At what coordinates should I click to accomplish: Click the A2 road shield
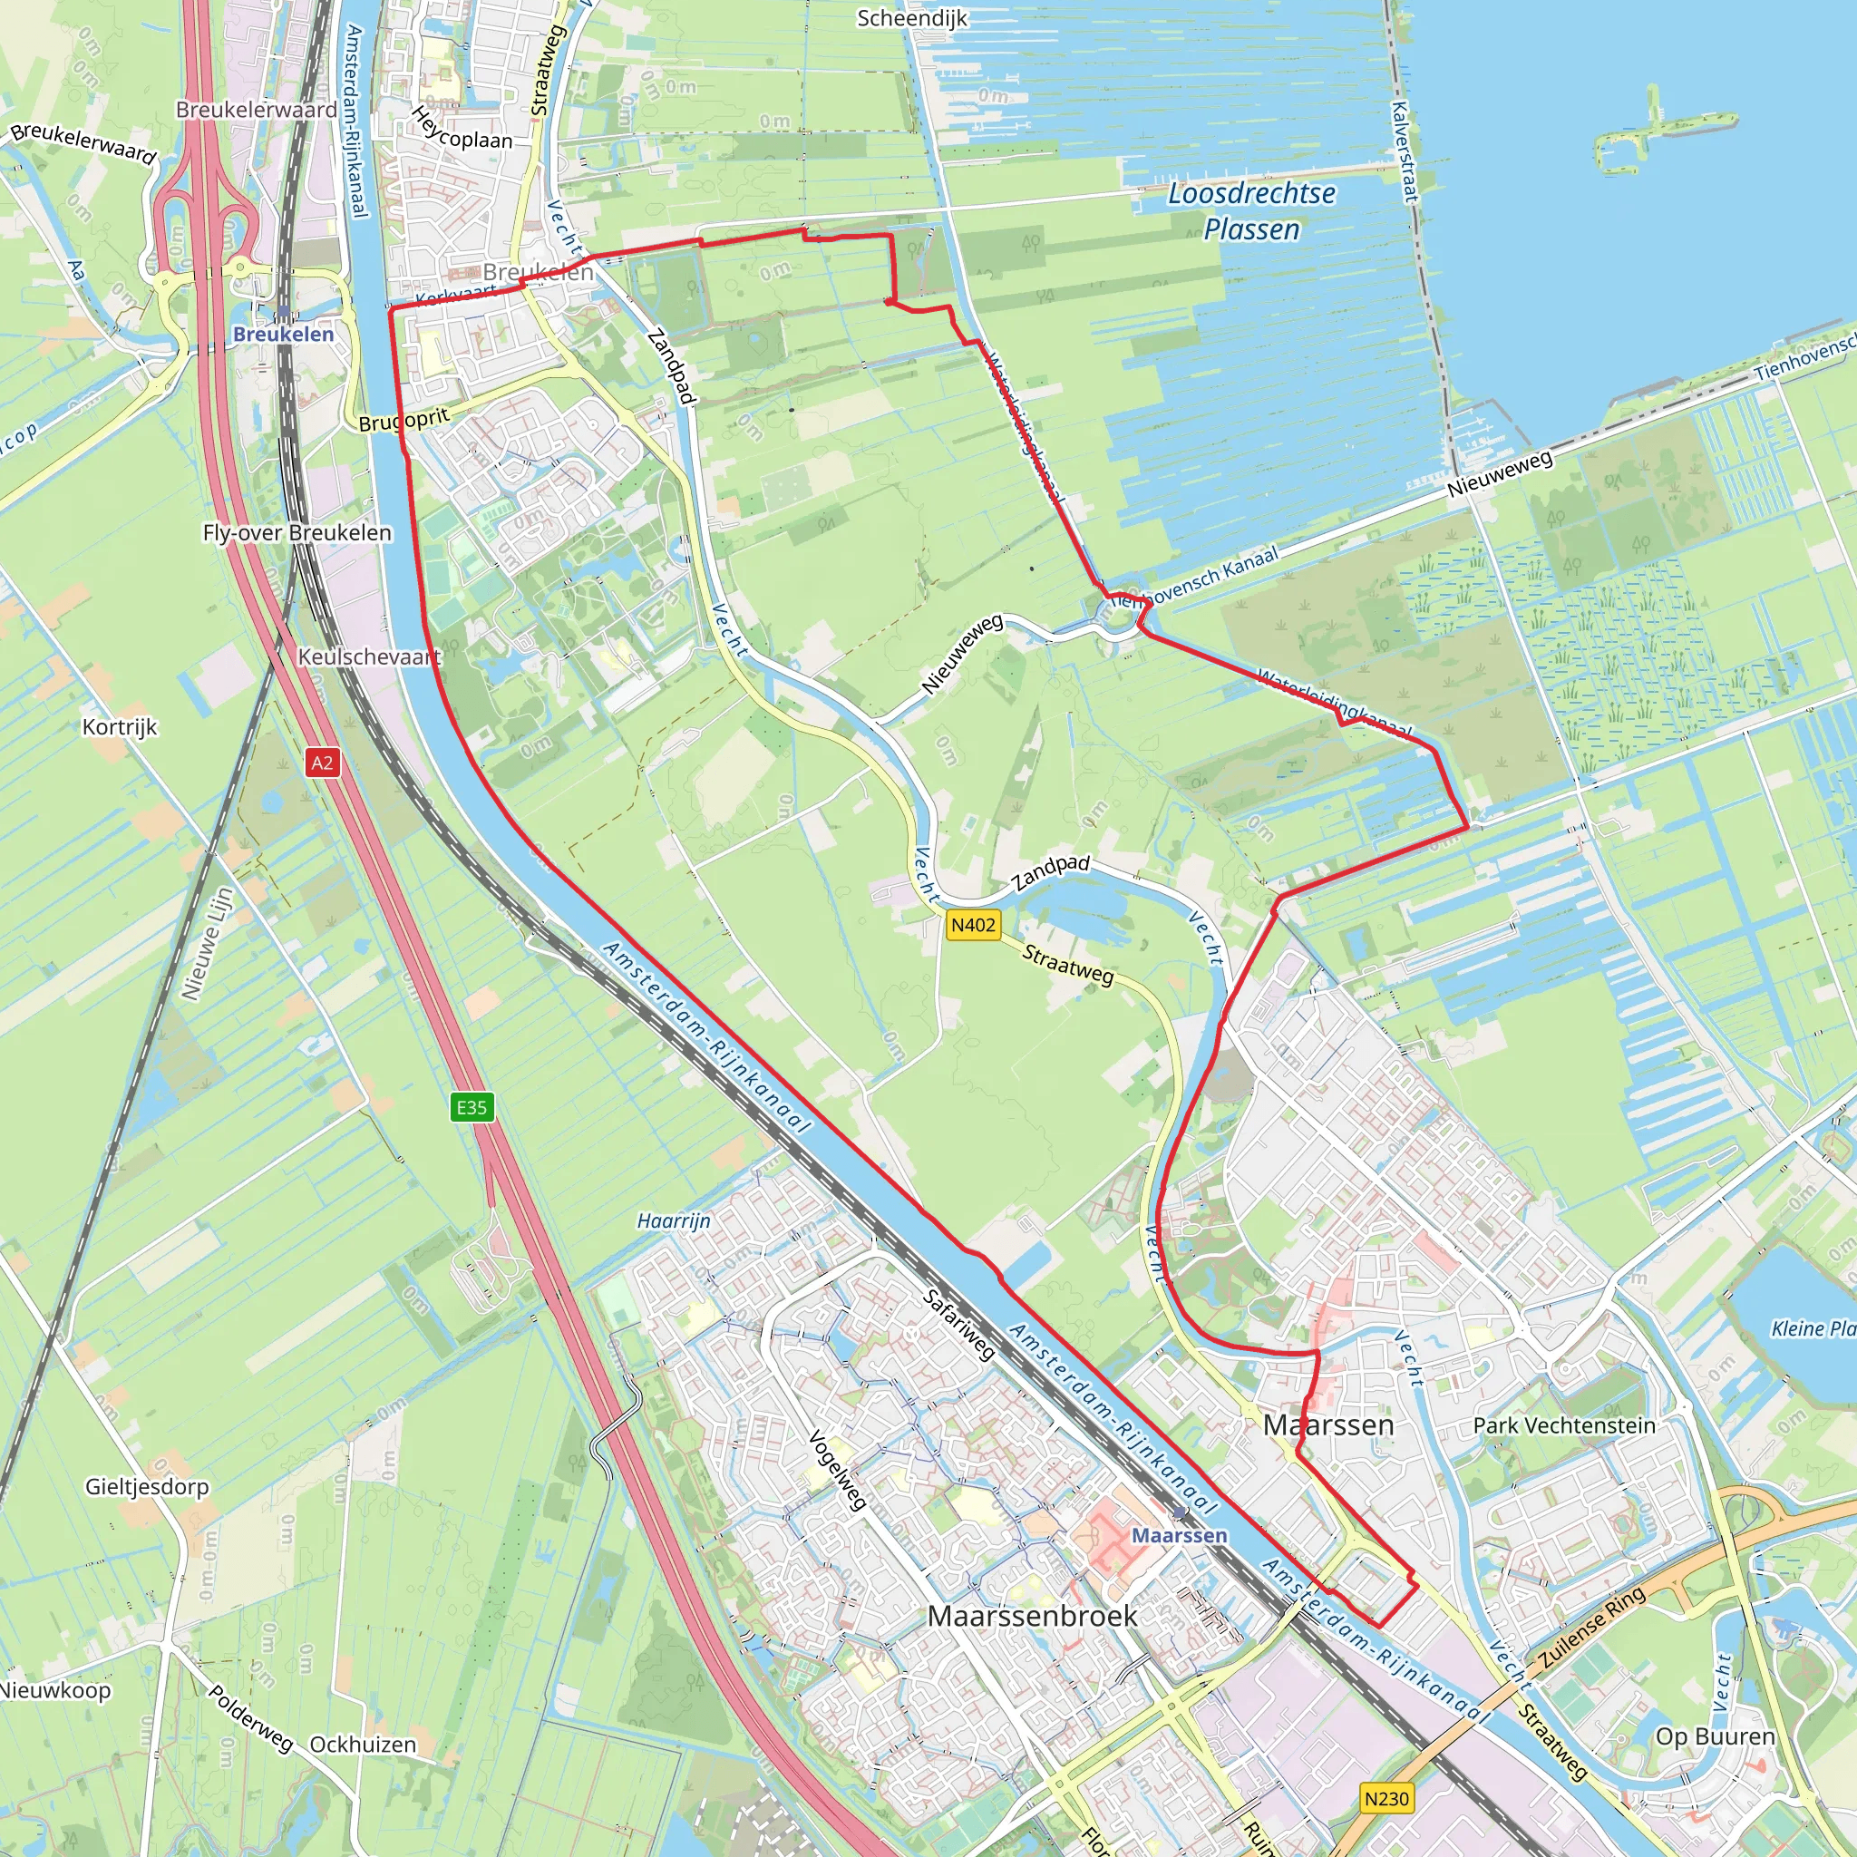click(322, 763)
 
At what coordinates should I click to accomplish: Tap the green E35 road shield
click(471, 1107)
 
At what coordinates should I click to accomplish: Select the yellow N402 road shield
click(973, 925)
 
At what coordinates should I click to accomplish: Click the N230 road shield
click(1386, 1798)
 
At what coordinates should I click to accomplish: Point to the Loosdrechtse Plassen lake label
click(1251, 211)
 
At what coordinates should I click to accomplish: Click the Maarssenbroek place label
click(1032, 1616)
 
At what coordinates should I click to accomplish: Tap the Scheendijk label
click(912, 18)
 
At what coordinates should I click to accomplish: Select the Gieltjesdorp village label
click(147, 1486)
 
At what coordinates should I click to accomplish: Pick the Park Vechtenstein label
click(1564, 1425)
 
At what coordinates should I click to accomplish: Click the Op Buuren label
click(1715, 1736)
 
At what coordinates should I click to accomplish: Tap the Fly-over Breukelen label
click(297, 532)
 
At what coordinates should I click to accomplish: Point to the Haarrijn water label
click(674, 1220)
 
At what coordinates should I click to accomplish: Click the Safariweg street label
click(958, 1325)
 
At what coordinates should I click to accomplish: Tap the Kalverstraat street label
click(1405, 151)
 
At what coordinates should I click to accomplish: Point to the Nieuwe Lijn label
click(208, 944)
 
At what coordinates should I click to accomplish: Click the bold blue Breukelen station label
click(284, 335)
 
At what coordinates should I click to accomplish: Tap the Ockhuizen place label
click(363, 1745)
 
